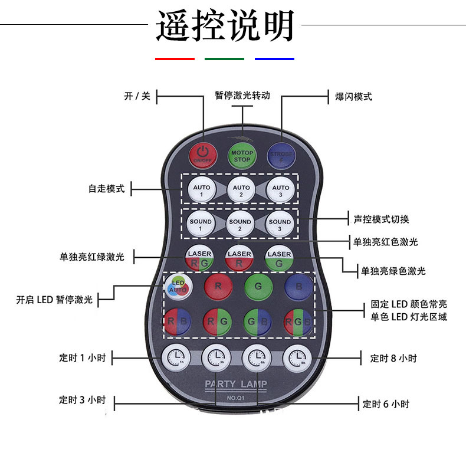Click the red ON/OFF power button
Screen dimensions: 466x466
202,154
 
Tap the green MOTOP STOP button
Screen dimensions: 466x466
242,156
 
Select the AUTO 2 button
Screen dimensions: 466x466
241,191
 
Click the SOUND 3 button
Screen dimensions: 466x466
280,225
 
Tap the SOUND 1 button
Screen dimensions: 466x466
201,225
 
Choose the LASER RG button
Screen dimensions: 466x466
199,258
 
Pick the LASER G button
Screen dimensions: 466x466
279,258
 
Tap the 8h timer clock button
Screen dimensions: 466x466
296,356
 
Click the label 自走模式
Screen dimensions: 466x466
107,189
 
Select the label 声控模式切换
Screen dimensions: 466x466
381,219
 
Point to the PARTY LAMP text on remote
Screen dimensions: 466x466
235,385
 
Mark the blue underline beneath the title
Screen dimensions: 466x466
274,59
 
